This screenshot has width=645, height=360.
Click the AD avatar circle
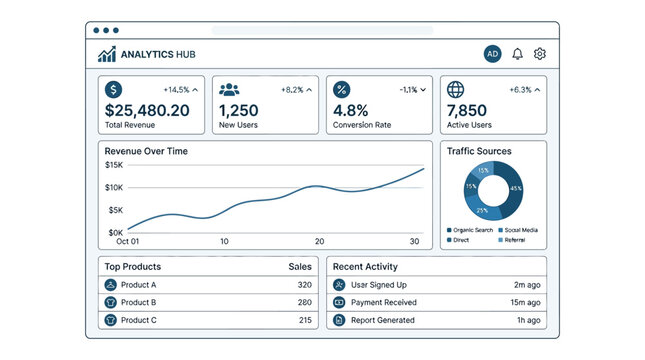(x=492, y=54)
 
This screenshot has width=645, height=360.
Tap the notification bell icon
(x=517, y=54)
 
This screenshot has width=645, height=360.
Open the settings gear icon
(x=540, y=54)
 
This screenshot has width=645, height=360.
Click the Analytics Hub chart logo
(x=107, y=54)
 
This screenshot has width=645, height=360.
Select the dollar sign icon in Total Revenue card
(x=114, y=89)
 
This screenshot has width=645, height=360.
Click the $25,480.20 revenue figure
(x=147, y=110)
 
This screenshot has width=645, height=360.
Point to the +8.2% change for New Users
(x=292, y=90)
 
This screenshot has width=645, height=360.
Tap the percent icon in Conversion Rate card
(x=342, y=89)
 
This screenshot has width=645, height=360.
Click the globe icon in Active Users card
(x=455, y=89)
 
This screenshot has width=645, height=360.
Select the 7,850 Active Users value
(x=467, y=110)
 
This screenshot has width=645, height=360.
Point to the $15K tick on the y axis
(x=114, y=165)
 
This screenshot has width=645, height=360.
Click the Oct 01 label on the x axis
(x=128, y=242)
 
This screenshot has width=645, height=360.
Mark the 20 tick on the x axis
(x=320, y=242)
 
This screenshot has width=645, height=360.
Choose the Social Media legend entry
(x=518, y=230)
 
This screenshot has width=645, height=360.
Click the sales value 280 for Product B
(x=305, y=302)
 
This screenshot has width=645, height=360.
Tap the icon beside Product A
(x=110, y=285)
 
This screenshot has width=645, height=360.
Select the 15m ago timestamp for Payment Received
(x=525, y=302)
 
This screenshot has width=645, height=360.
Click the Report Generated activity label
(x=383, y=320)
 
